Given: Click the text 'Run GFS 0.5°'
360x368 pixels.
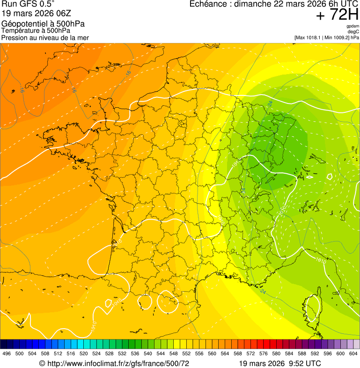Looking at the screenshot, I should click(28, 5).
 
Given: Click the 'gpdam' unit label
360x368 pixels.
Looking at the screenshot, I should click(353, 26).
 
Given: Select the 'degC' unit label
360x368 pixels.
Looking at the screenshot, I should click(353, 32).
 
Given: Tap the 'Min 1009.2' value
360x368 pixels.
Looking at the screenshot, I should click(337, 37).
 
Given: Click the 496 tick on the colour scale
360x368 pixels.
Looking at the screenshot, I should click(7, 354).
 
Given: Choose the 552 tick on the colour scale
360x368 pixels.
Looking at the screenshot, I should click(186, 354).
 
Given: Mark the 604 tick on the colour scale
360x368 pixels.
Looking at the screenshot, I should click(353, 354).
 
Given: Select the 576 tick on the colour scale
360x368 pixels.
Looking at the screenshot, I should click(264, 354).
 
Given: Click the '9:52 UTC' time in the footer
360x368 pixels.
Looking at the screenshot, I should click(306, 363).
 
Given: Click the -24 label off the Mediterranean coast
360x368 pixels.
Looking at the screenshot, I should click(263, 292).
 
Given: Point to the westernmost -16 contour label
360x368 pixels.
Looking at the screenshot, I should click(22, 89).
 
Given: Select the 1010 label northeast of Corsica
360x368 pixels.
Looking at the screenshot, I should click(321, 260).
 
